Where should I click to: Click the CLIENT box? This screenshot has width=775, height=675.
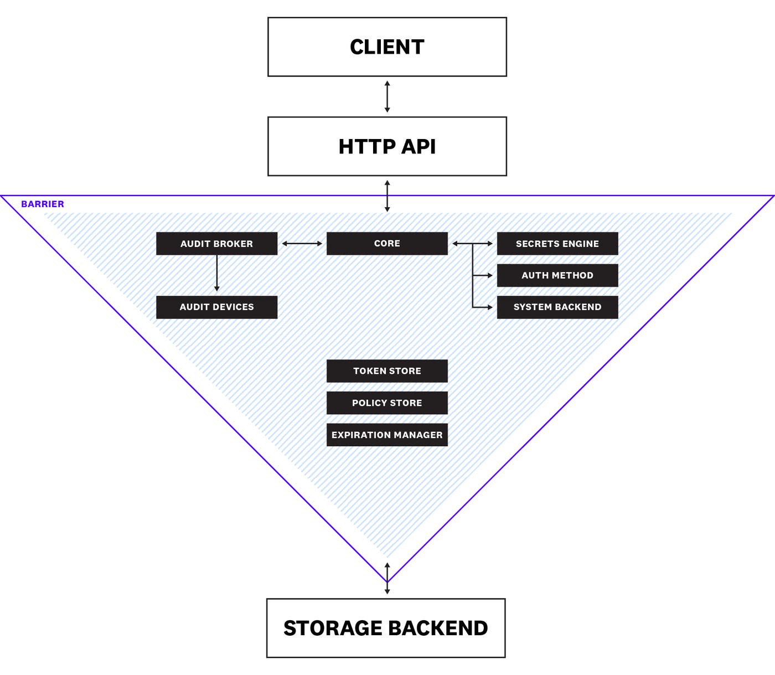tap(387, 47)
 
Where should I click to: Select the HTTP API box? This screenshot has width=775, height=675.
tap(387, 146)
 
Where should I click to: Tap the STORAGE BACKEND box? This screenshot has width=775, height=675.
tap(386, 628)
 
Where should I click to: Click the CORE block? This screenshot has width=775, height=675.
tap(387, 244)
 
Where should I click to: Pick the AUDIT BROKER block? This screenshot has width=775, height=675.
tap(216, 244)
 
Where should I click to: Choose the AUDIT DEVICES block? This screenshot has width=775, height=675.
tap(216, 307)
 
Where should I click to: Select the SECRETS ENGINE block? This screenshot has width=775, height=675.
tap(557, 244)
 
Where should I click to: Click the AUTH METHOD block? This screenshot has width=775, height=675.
tap(557, 275)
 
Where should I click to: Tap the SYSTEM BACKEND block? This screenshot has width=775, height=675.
tap(557, 307)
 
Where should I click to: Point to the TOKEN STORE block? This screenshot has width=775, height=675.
tap(387, 371)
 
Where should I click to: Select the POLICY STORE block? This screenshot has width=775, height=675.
tap(387, 403)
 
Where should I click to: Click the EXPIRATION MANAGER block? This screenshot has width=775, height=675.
tap(387, 435)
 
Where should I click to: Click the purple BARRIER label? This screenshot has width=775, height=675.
tap(43, 204)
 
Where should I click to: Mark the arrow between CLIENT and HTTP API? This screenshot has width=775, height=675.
tap(387, 97)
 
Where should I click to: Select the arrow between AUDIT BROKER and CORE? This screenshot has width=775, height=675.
tap(302, 244)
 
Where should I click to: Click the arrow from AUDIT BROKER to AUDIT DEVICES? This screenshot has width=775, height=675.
tap(216, 273)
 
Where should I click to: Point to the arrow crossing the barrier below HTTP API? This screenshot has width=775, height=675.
tap(387, 196)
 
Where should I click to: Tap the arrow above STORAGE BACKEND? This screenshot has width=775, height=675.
tap(387, 579)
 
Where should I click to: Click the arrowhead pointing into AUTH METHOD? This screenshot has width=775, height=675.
tap(489, 275)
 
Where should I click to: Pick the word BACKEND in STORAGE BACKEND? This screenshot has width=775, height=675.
tap(441, 628)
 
